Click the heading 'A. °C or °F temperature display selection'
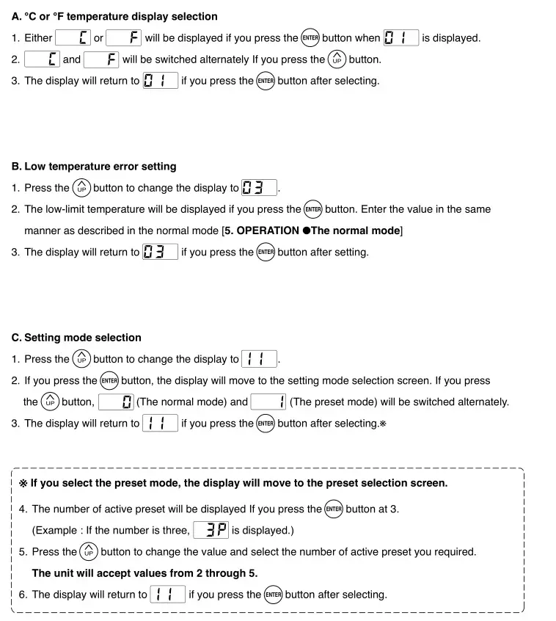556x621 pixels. [x=114, y=16]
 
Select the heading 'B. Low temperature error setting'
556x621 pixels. [x=94, y=167]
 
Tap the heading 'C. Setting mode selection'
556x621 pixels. [x=76, y=338]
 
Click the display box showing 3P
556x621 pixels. [x=211, y=530]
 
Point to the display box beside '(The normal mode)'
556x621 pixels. [x=116, y=402]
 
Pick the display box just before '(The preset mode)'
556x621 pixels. [x=268, y=402]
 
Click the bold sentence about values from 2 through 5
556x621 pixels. [x=145, y=573]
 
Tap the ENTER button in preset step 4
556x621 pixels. [x=334, y=509]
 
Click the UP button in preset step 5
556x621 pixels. [x=89, y=552]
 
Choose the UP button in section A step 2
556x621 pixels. [x=337, y=59]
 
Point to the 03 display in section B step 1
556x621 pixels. [x=259, y=188]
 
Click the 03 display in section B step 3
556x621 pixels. [x=160, y=252]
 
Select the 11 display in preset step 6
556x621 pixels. [x=167, y=595]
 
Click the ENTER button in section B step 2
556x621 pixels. [x=313, y=209]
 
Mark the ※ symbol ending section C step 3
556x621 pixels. [x=383, y=424]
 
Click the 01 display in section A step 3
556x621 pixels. [x=160, y=81]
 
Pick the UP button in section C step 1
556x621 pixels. [x=81, y=359]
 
